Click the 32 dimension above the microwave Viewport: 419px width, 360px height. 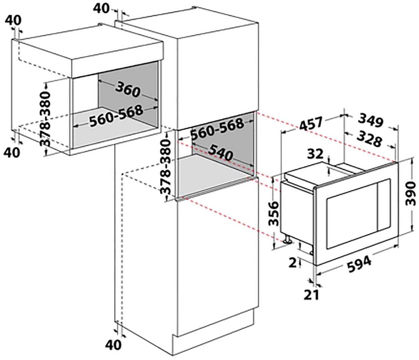pyautogui.click(x=315, y=154)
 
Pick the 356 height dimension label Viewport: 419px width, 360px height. pyautogui.click(x=274, y=214)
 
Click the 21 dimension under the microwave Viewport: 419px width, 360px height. pyautogui.click(x=312, y=295)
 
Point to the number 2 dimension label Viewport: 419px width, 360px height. pyautogui.click(x=293, y=263)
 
